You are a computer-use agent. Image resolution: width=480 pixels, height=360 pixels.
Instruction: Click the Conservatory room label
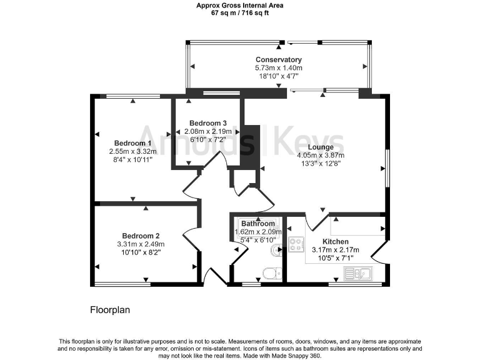(x=278, y=60)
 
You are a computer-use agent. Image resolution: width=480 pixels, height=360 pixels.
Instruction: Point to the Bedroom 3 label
(x=204, y=122)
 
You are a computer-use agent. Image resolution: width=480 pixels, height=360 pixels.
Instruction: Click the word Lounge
(x=320, y=147)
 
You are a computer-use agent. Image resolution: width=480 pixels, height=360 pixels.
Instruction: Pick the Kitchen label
(x=335, y=241)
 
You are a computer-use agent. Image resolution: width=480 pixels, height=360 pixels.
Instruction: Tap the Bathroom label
(x=257, y=224)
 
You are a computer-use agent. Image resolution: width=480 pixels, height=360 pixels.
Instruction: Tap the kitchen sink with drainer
(x=357, y=272)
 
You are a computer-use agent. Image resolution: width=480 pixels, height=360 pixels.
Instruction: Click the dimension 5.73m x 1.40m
(x=278, y=68)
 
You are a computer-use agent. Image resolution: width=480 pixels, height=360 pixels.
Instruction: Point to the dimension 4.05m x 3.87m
(x=320, y=156)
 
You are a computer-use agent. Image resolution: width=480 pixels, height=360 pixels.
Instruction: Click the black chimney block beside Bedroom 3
(x=251, y=147)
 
